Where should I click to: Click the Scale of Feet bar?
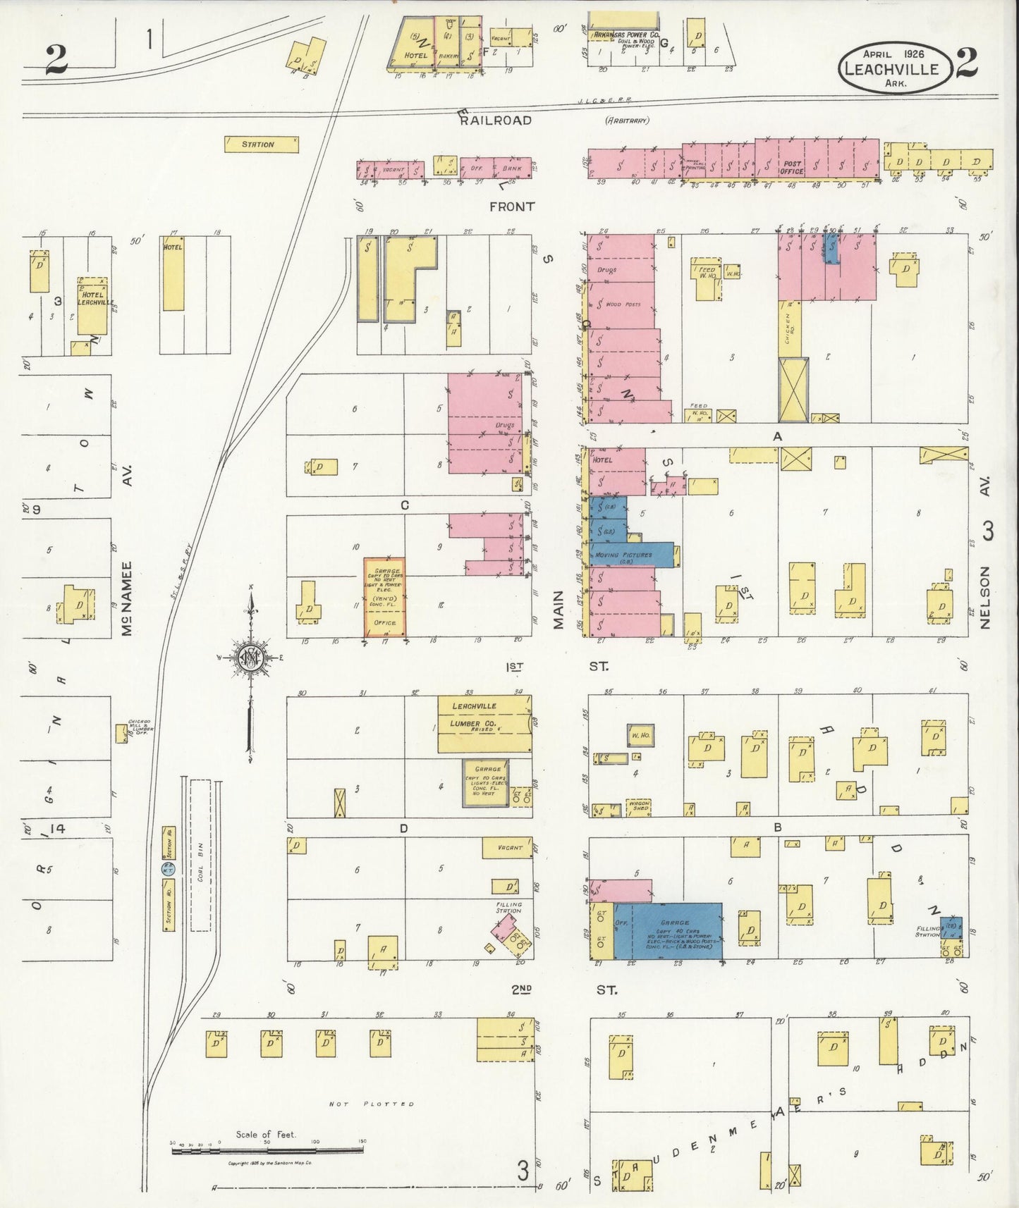(268, 1151)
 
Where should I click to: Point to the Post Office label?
(792, 168)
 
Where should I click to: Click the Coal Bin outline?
(201, 856)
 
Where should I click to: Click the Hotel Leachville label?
(92, 298)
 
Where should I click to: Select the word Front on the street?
(513, 207)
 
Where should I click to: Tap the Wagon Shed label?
(638, 806)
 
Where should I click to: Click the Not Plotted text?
(372, 1104)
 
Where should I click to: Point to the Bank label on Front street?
(513, 169)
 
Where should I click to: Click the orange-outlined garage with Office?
(386, 597)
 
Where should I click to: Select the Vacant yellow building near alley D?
(507, 848)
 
